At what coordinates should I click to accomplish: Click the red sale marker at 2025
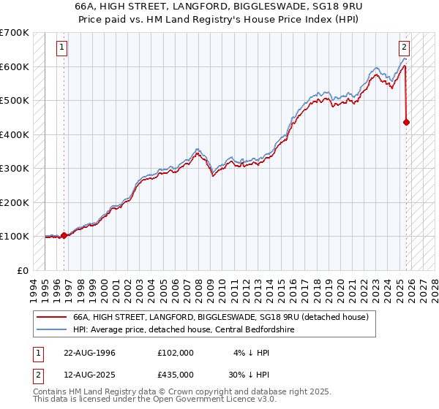[406, 123]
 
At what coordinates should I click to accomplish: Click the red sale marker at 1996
[64, 235]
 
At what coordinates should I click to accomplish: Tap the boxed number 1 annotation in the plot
[62, 48]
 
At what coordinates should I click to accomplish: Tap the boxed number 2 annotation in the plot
[404, 48]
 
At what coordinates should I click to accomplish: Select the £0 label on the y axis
[22, 270]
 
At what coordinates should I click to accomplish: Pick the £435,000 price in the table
[176, 374]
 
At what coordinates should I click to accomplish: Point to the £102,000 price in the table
[176, 352]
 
